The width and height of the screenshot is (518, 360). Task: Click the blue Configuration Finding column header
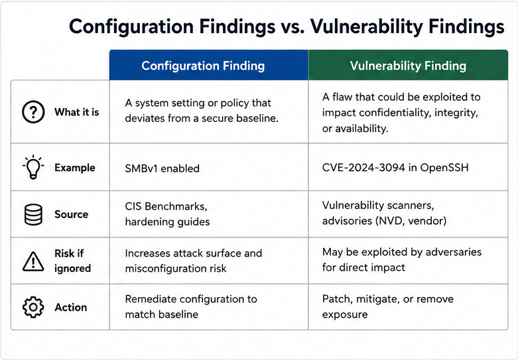209,65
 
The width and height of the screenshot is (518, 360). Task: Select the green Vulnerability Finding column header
408,65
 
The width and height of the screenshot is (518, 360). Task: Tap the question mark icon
33,112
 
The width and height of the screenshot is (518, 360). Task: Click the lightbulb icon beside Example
33,167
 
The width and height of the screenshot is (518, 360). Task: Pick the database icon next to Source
33,214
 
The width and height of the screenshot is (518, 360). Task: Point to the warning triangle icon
33,261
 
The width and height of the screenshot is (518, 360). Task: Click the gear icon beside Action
33,307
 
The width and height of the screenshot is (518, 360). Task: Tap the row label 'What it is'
77,112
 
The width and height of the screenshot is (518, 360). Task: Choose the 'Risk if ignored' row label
73,261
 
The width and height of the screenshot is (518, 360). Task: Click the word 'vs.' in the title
292,27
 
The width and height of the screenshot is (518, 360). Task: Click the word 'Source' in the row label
72,214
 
